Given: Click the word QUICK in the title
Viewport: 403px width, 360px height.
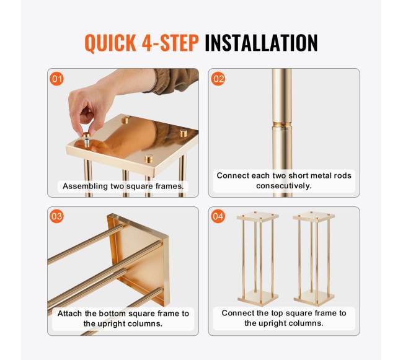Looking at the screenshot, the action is click(x=110, y=43).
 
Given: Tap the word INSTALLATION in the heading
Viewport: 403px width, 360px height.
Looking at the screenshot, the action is click(x=261, y=43).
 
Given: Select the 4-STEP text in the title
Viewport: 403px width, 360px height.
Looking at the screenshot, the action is click(x=170, y=43).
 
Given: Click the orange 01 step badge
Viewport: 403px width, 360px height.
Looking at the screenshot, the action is click(x=56, y=79).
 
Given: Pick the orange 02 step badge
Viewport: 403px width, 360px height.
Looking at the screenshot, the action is click(x=218, y=79).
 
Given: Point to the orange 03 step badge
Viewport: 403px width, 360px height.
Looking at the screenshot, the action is click(x=56, y=216).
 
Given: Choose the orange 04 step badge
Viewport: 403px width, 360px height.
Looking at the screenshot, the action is click(x=218, y=216).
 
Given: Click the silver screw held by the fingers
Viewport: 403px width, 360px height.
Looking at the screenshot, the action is click(x=87, y=142).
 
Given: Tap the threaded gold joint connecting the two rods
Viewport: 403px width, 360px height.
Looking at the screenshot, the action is click(x=282, y=125).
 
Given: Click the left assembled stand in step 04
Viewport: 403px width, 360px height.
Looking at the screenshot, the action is click(x=258, y=258).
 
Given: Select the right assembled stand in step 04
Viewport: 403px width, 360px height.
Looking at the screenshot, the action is click(x=314, y=258).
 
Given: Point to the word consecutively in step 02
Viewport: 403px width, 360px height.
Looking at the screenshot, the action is click(x=284, y=186).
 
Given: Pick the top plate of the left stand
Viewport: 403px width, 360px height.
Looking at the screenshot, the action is click(x=258, y=216).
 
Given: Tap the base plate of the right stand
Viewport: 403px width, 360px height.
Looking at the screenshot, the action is click(x=314, y=298).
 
